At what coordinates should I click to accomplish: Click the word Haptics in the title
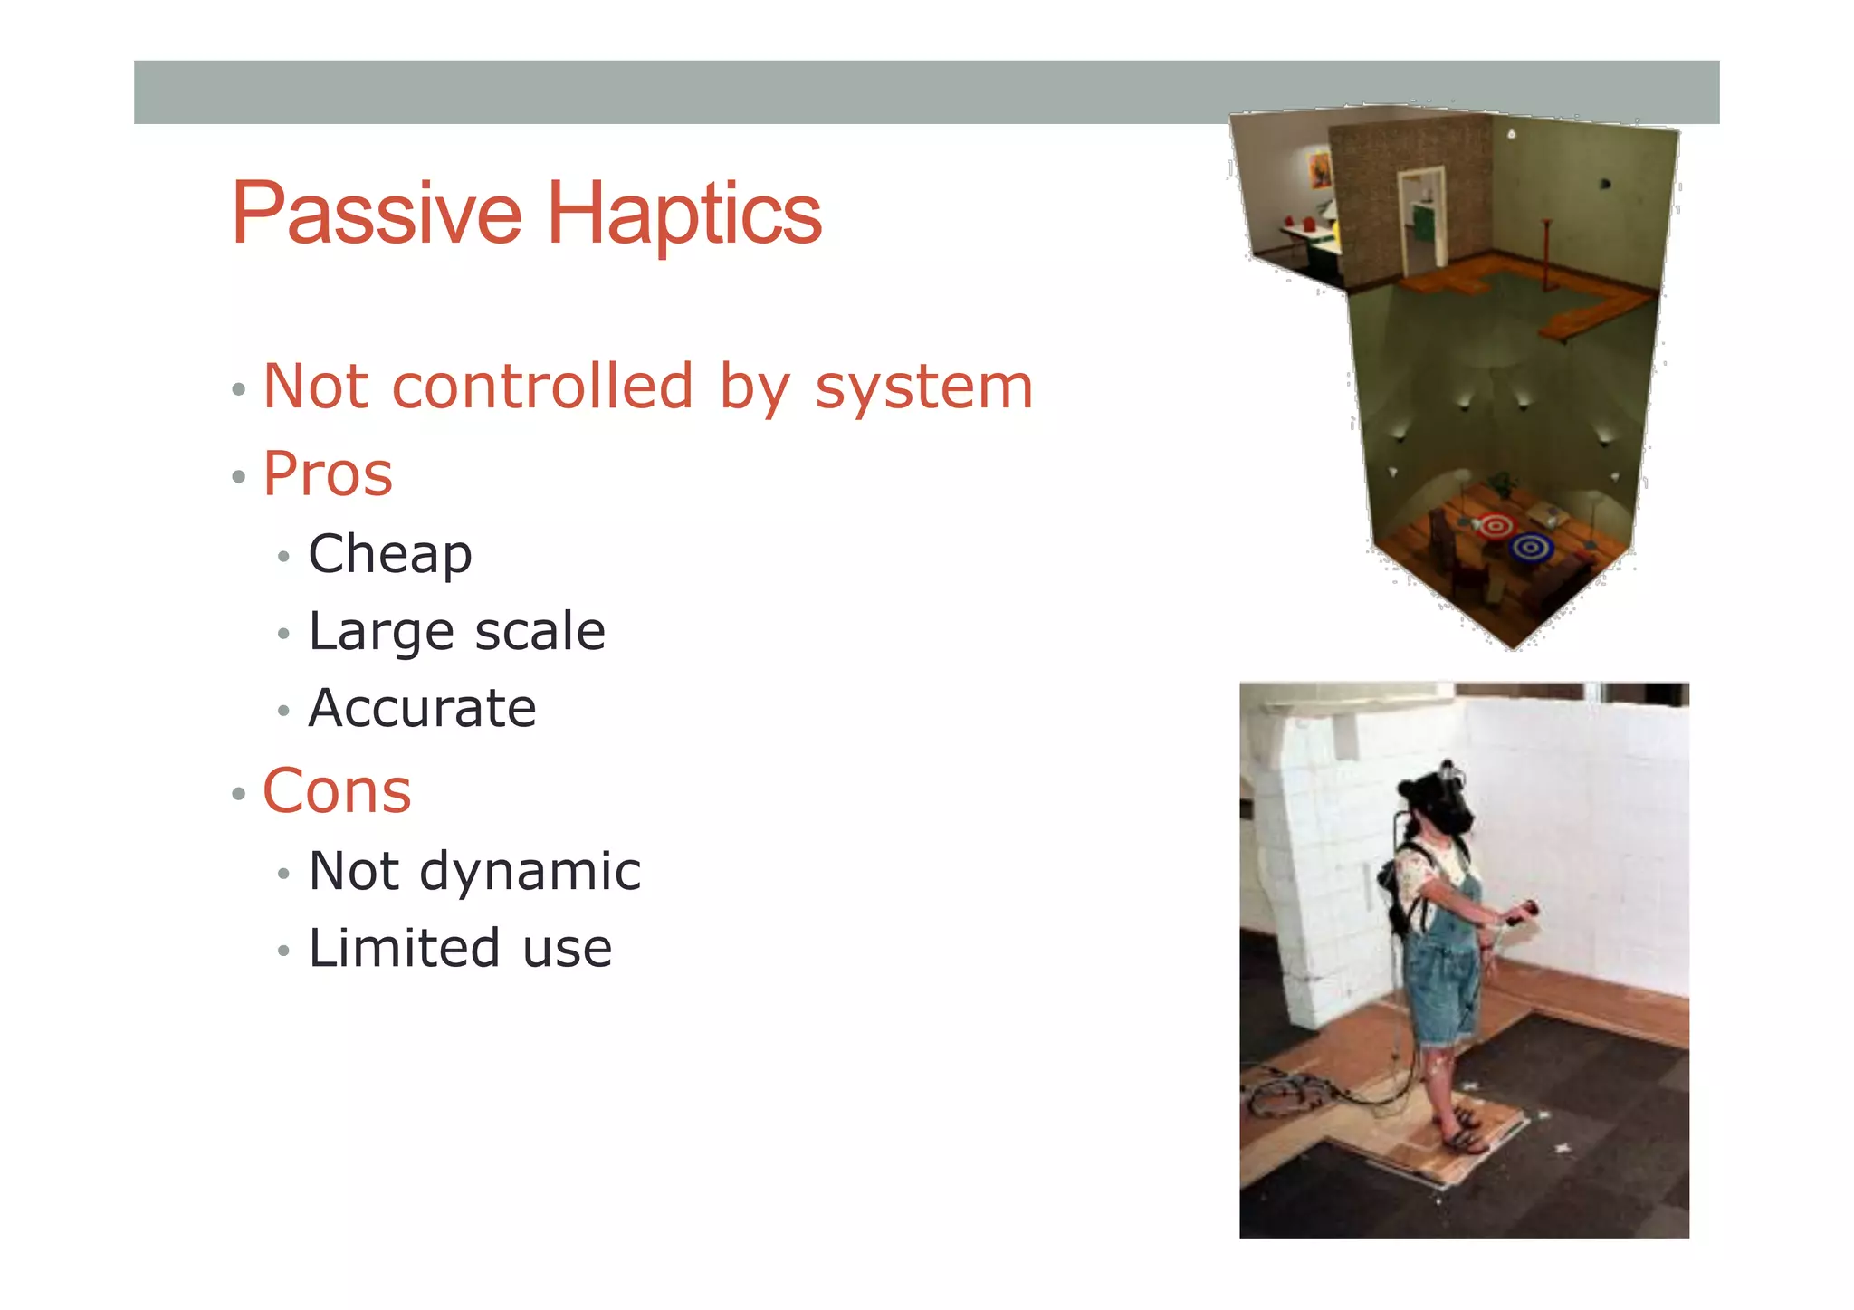684,215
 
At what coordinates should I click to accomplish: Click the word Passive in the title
377,215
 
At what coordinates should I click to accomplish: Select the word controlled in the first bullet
542,387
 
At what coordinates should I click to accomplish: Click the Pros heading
328,473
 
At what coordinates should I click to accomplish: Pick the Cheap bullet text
390,554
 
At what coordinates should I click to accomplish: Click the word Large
379,632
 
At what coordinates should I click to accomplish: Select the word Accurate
422,708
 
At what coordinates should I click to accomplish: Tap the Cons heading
337,791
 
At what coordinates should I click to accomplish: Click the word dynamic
530,872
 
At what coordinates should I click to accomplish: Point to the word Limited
404,949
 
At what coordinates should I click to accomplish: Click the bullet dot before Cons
238,794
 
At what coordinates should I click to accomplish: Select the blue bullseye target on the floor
1531,547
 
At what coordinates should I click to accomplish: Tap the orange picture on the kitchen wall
1320,170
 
